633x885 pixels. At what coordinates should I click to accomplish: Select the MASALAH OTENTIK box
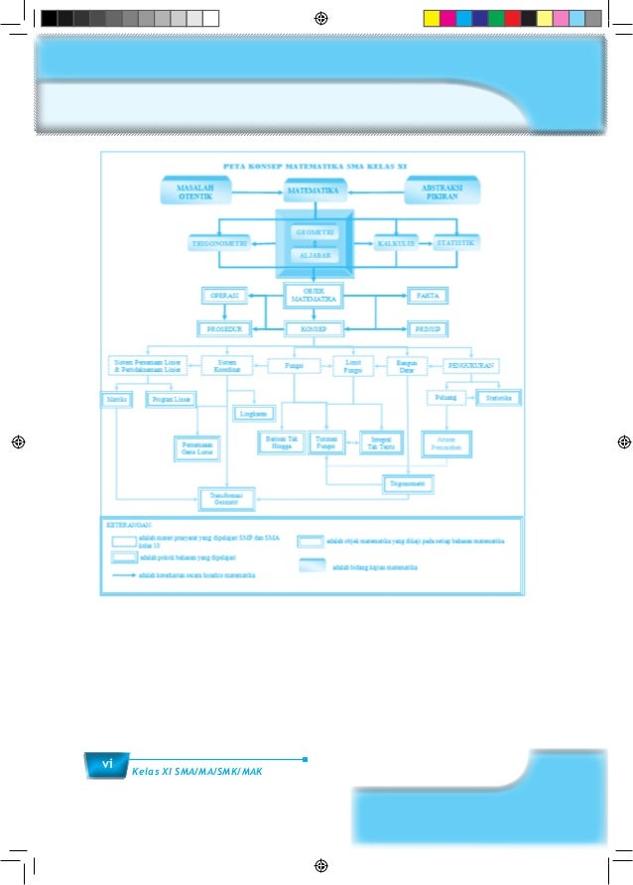pos(194,190)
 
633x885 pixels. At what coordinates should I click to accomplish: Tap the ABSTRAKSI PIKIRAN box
pos(439,190)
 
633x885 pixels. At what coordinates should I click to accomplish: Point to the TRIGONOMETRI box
pos(219,243)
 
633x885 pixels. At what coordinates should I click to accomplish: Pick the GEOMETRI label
pos(314,232)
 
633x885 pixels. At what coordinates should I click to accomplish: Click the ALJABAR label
pos(314,255)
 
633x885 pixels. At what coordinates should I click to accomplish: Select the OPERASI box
pos(223,295)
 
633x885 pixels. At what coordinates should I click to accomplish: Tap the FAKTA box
pos(429,295)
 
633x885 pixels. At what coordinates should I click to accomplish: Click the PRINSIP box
pos(429,328)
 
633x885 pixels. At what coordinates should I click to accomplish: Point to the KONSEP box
pos(314,328)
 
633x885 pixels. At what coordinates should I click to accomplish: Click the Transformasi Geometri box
pos(227,499)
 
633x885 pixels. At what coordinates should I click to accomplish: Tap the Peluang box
pos(443,398)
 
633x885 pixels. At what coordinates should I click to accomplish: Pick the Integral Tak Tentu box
pos(378,442)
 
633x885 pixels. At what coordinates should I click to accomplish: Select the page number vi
pos(105,763)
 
